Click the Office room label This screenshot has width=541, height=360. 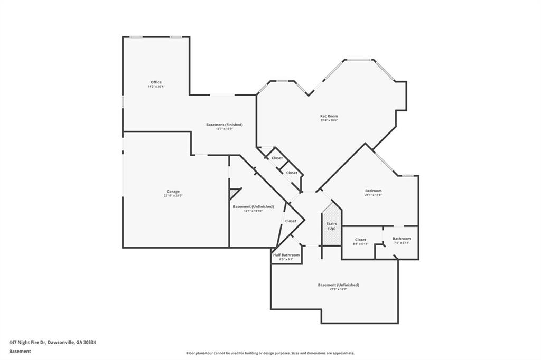point(156,82)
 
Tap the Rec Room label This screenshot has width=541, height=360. point(329,116)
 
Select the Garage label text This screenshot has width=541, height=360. point(173,191)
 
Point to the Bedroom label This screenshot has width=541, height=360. point(373,191)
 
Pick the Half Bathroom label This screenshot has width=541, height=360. point(286,255)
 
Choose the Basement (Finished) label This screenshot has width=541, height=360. point(224,125)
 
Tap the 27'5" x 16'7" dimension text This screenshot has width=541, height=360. point(338,289)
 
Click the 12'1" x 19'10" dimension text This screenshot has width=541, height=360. point(253,211)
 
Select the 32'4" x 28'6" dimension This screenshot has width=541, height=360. point(329,120)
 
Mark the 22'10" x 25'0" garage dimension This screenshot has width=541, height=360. point(173,196)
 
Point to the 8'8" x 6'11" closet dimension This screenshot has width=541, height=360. point(360,244)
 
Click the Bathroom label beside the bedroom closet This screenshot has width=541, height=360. point(402,239)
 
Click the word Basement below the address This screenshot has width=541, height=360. point(20,351)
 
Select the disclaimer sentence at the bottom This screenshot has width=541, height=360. point(270,353)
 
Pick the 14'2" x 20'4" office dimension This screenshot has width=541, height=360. point(156,87)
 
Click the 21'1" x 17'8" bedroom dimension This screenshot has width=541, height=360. point(373,195)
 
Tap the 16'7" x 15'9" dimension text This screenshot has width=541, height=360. point(224,129)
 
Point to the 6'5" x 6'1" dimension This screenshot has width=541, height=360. point(286,259)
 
